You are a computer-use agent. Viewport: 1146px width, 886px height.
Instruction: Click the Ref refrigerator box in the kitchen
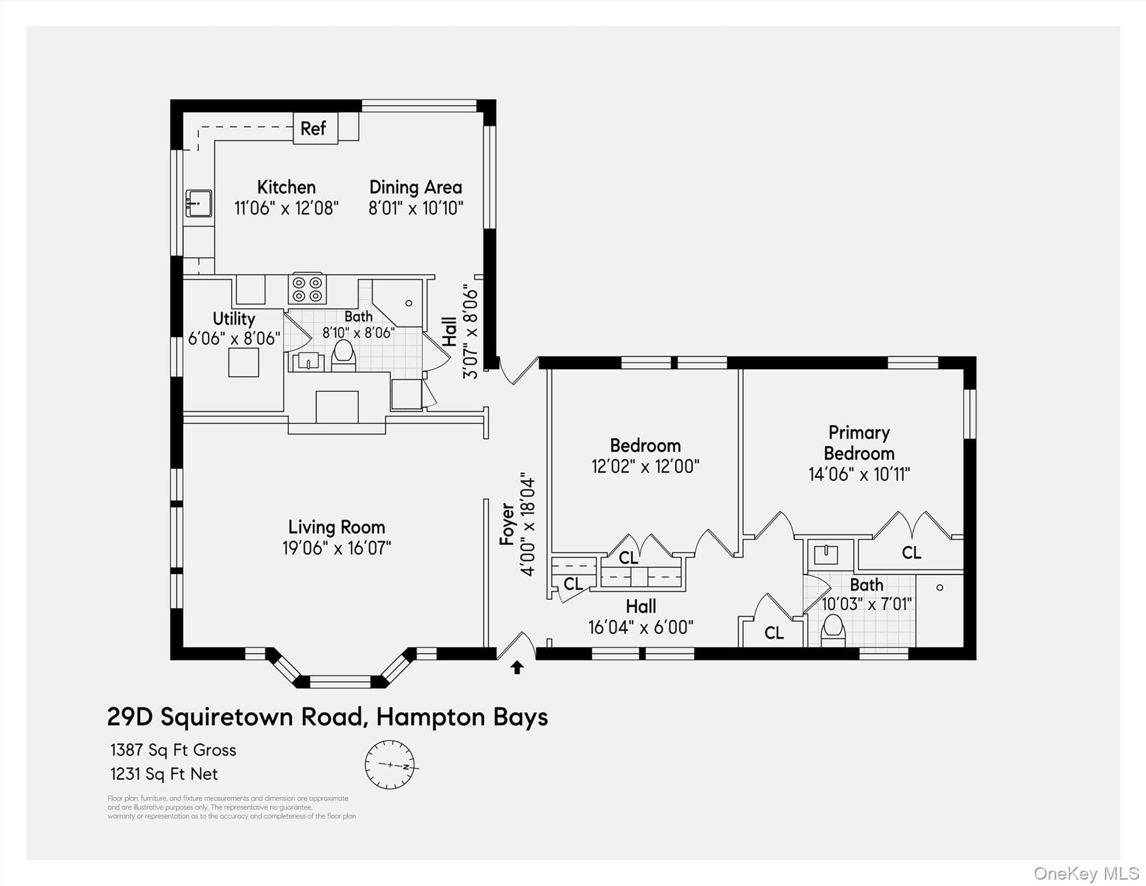[x=315, y=128]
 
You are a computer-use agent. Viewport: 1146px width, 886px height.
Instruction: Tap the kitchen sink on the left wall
[x=198, y=203]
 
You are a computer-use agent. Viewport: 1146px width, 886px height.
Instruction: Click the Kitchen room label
[x=286, y=187]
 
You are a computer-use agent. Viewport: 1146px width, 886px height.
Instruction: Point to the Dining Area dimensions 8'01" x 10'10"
[x=415, y=208]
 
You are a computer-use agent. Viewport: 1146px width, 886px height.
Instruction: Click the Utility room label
[x=234, y=318]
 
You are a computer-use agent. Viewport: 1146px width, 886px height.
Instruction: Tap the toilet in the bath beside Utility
[x=344, y=355]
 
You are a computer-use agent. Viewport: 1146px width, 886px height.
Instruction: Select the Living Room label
[x=336, y=527]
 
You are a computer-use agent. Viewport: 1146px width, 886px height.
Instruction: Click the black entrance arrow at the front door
[x=517, y=667]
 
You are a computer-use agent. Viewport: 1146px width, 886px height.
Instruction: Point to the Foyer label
[x=507, y=524]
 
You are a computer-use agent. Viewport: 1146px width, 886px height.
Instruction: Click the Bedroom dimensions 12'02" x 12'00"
[x=645, y=466]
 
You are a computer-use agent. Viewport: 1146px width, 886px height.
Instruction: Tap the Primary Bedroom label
[x=859, y=442]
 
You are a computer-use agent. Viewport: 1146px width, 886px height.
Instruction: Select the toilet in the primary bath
[x=833, y=630]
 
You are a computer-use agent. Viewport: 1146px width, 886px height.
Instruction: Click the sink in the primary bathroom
[x=826, y=554]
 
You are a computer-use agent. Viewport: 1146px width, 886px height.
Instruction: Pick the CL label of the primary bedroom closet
[x=911, y=553]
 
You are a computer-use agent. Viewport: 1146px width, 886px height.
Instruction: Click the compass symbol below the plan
[x=390, y=765]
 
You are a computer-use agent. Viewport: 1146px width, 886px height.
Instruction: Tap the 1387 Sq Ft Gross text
[x=173, y=750]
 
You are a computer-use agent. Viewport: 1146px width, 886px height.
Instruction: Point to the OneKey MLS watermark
[x=1086, y=873]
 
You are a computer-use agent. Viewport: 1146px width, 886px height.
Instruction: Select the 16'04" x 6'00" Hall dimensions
[x=641, y=627]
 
